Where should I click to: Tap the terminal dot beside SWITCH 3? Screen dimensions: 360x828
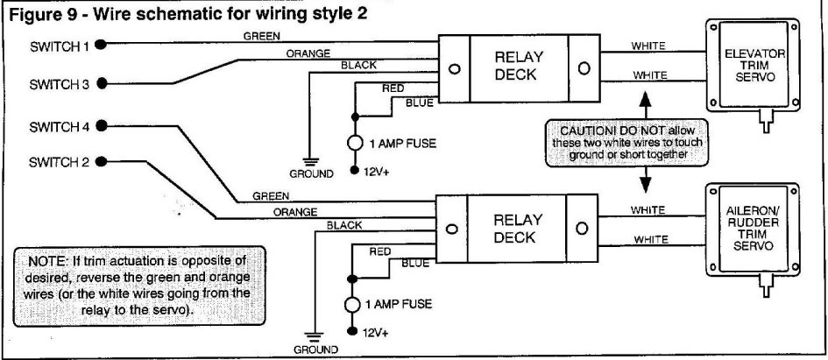point(102,84)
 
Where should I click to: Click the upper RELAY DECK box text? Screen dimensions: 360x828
point(518,66)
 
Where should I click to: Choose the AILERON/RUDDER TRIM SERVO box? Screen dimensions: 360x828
point(754,229)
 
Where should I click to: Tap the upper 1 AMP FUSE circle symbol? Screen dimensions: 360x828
point(356,143)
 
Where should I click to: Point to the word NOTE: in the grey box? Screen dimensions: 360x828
point(51,262)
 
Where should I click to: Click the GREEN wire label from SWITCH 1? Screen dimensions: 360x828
point(261,37)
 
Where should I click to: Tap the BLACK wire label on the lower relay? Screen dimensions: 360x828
point(343,225)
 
